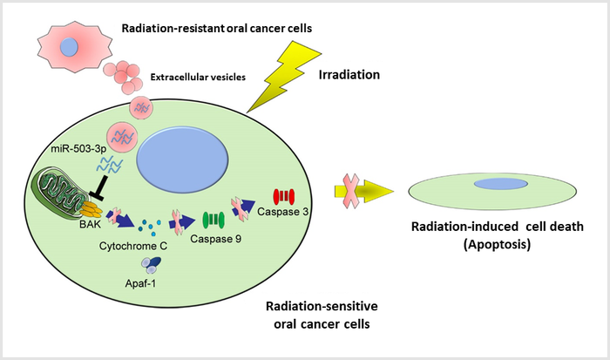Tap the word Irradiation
pyautogui.click(x=349, y=75)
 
